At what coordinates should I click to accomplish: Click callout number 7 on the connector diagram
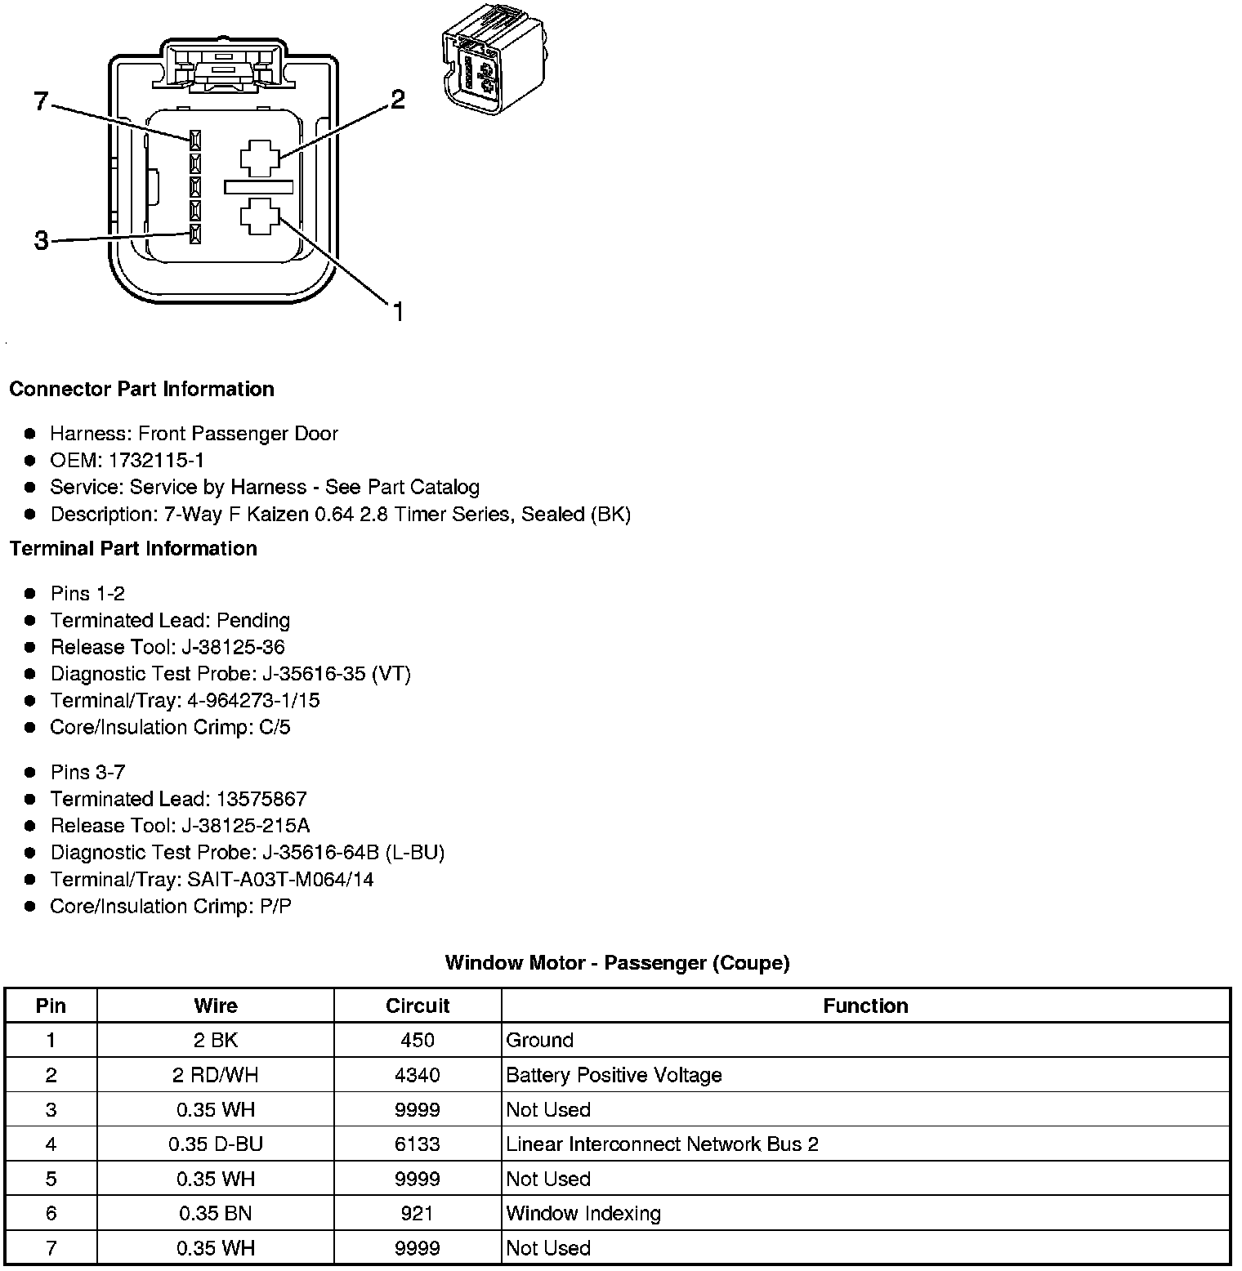(x=42, y=102)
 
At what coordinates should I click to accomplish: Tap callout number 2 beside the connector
(x=397, y=100)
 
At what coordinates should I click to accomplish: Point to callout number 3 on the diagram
(x=42, y=241)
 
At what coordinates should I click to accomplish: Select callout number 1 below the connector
(x=398, y=312)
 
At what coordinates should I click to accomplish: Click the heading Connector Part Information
(x=141, y=389)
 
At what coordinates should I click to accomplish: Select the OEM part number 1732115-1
(x=156, y=460)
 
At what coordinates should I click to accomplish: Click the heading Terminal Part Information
(x=133, y=548)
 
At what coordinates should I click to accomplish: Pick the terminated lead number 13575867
(x=261, y=799)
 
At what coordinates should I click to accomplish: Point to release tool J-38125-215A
(x=263, y=826)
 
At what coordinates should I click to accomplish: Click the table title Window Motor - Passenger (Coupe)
(x=617, y=963)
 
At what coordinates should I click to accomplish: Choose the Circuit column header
(x=418, y=1006)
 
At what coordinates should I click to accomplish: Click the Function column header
(x=865, y=1006)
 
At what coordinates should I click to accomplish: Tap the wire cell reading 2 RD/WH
(x=215, y=1075)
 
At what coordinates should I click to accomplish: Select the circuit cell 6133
(x=418, y=1144)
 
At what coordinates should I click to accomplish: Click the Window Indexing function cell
(x=583, y=1213)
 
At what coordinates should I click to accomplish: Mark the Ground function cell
(x=540, y=1040)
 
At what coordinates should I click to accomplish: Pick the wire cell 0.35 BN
(x=215, y=1213)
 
